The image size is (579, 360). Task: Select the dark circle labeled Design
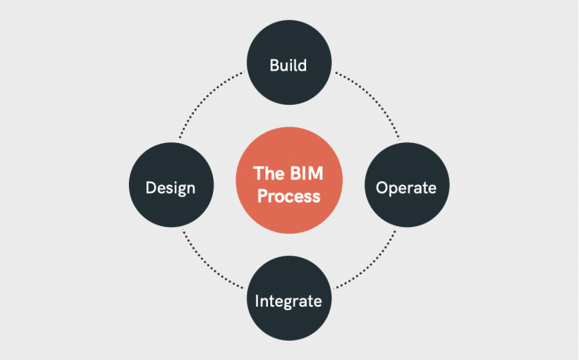[171, 186]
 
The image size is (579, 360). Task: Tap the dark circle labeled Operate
[406, 187]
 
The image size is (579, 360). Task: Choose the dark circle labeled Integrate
[289, 298]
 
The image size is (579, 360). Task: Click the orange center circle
[289, 185]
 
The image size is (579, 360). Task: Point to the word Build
[289, 65]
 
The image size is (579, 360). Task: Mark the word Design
[171, 187]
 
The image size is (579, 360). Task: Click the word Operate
[406, 188]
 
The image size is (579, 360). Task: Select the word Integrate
[289, 299]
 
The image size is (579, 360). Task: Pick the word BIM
[304, 174]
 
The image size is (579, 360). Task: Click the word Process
[289, 198]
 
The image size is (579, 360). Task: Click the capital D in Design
[151, 187]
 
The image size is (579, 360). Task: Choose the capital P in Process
[261, 198]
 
